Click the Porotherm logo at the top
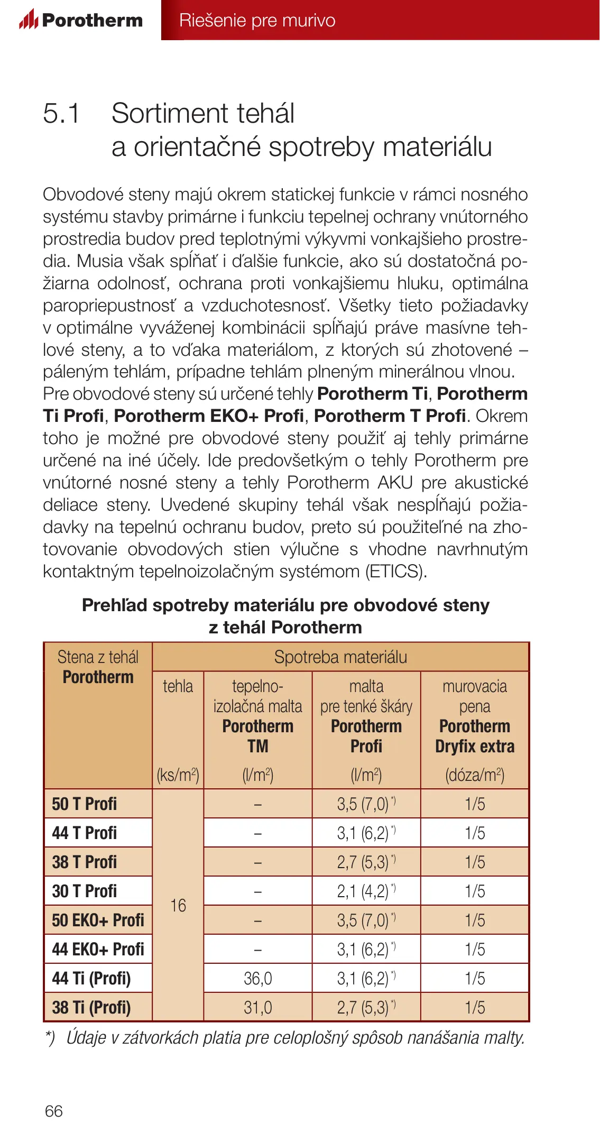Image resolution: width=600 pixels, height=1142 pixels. [81, 20]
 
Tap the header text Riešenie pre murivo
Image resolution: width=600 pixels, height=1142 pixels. [257, 20]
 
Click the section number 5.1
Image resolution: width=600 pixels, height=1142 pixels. [61, 113]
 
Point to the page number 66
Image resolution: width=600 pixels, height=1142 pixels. [54, 1111]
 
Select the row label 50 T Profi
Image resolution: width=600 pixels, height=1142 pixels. [84, 804]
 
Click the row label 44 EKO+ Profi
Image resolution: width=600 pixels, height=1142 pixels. [98, 949]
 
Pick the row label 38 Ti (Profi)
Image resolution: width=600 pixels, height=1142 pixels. [91, 1007]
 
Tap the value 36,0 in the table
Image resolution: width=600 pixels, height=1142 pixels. [257, 978]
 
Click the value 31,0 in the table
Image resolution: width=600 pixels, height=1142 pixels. [257, 1007]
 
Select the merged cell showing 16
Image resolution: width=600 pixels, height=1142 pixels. [178, 905]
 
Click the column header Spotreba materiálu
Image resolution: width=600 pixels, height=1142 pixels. [340, 657]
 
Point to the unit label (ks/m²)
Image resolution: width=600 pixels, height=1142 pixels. [178, 775]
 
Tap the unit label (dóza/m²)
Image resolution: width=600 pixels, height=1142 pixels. [475, 775]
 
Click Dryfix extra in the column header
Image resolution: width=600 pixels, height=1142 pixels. [475, 746]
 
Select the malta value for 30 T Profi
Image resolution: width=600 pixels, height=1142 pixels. [366, 891]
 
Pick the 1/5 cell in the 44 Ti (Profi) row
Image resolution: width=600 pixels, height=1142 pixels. [475, 978]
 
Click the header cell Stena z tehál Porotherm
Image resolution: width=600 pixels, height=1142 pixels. [98, 667]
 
